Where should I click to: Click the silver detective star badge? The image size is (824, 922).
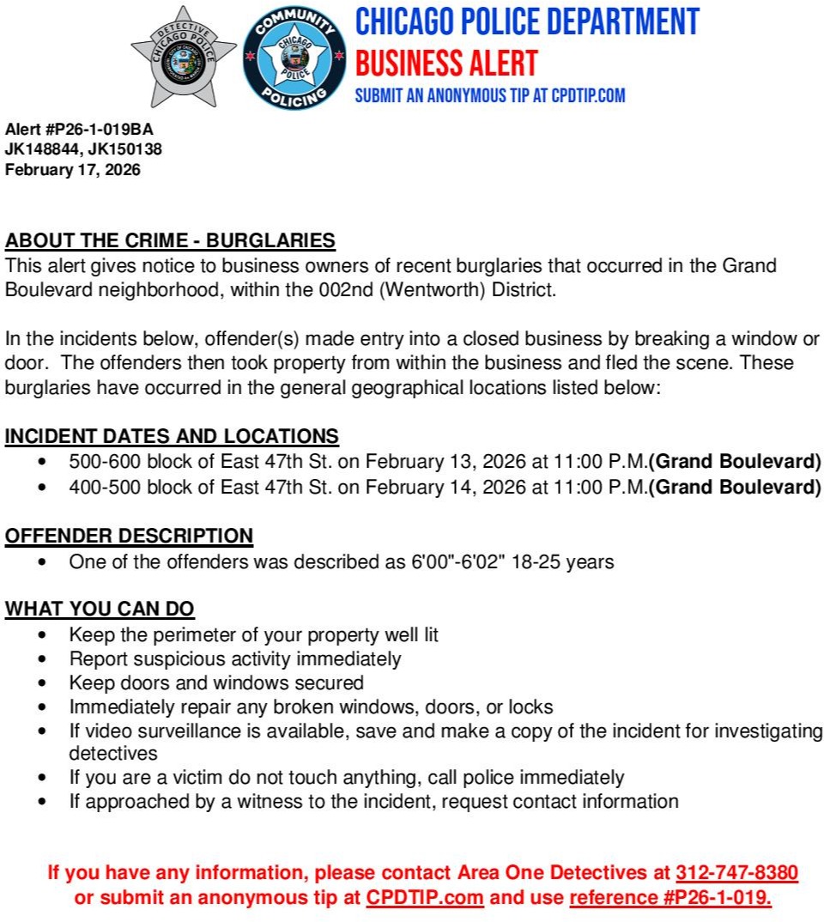(184, 57)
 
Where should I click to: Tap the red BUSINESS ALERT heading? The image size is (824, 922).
(446, 64)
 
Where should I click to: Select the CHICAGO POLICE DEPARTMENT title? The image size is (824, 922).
(527, 22)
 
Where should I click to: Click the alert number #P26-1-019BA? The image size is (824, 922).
(101, 129)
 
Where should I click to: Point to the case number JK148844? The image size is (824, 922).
(40, 149)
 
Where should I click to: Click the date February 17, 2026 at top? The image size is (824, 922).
(73, 170)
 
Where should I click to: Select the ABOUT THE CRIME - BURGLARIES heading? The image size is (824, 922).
(170, 240)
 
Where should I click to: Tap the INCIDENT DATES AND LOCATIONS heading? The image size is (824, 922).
(172, 436)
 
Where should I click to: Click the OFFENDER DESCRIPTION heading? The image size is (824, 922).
(130, 537)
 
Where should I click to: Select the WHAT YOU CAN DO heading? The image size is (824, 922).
(100, 610)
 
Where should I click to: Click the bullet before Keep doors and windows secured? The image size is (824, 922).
(43, 683)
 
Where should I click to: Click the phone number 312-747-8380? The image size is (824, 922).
(736, 874)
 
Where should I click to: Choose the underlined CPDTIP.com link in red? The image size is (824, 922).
(425, 898)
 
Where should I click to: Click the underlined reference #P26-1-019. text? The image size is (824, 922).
(670, 898)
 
